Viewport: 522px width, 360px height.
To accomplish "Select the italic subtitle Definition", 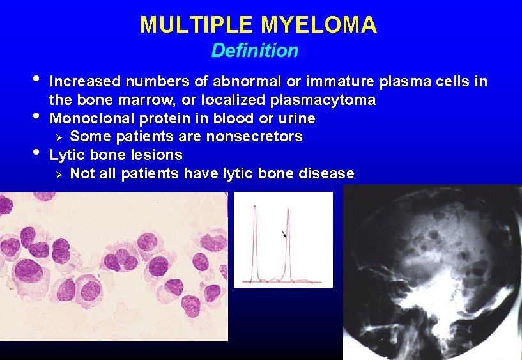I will click(x=254, y=50).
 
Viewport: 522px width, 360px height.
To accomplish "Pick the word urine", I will click(x=296, y=118).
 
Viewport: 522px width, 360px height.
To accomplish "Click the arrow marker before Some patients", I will click(x=59, y=137).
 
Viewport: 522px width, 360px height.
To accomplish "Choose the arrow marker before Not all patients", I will click(x=59, y=174).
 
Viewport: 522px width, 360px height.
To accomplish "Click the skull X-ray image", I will click(x=433, y=272).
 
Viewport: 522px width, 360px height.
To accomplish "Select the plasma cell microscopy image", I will click(x=114, y=265).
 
